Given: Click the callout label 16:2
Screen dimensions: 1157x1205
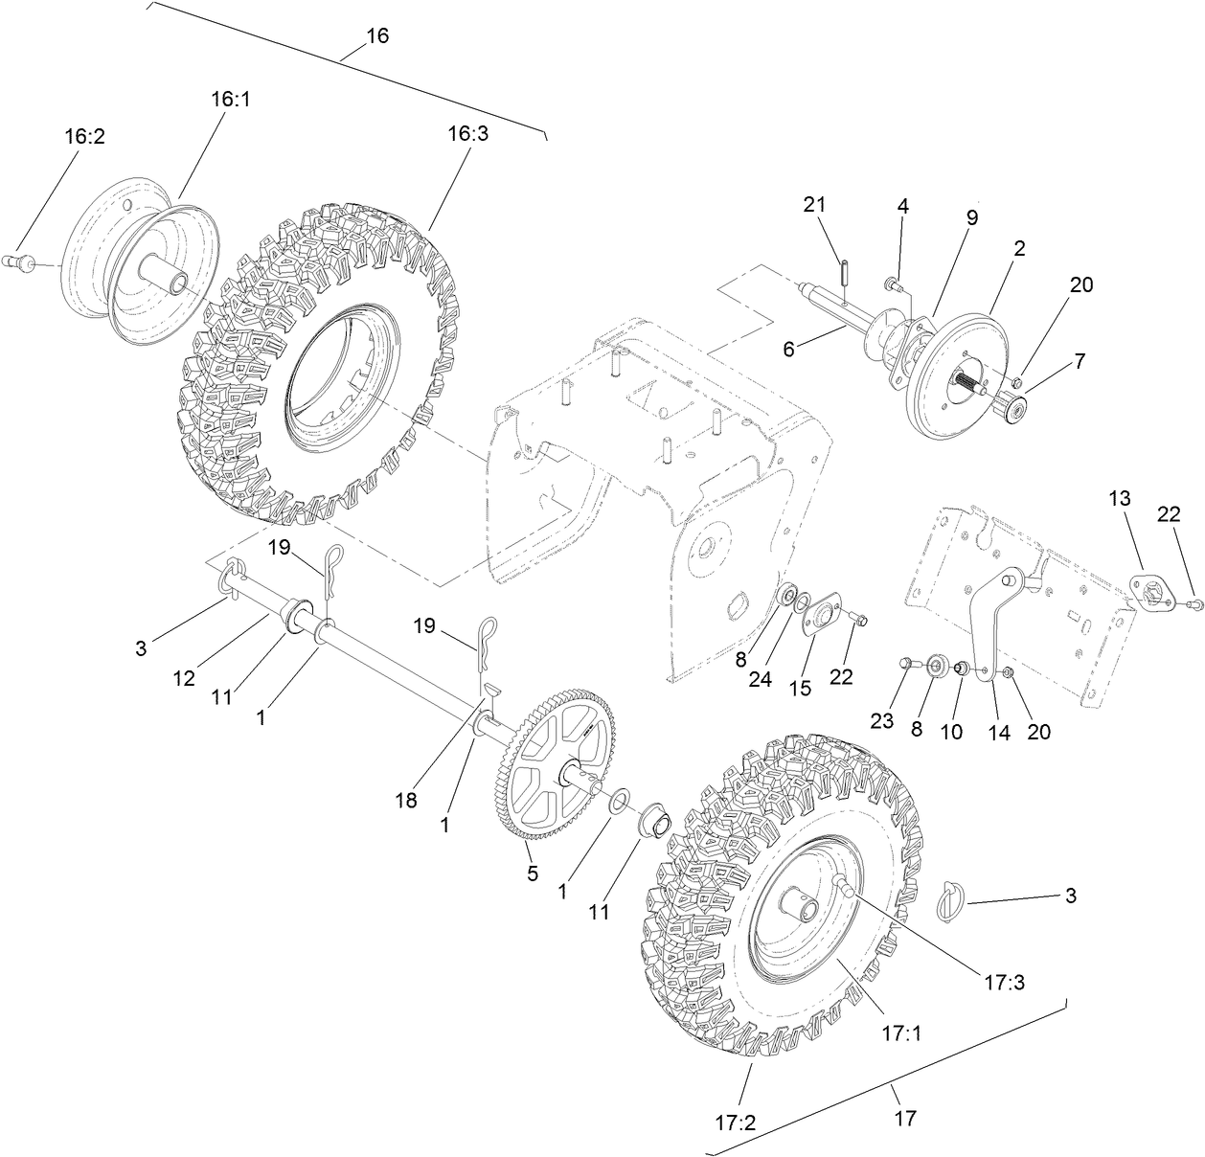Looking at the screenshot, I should [84, 137].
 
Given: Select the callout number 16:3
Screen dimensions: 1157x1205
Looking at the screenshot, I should [468, 133].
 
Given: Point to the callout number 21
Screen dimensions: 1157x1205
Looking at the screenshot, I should [814, 204].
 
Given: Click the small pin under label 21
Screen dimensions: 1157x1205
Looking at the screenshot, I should [847, 272].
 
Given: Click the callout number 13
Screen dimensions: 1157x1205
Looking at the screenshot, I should [1120, 498].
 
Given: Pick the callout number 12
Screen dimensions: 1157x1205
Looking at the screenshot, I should [184, 677].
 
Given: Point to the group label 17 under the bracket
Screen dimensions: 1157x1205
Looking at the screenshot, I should [905, 1117].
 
